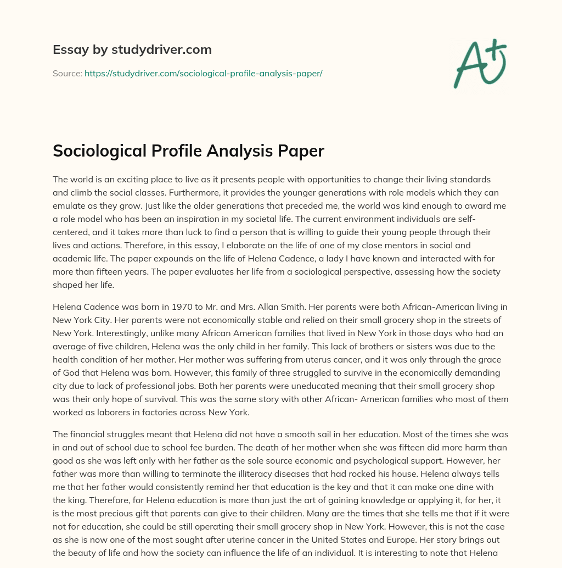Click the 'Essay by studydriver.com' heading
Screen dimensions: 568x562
point(132,49)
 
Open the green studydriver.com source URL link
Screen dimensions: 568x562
point(203,73)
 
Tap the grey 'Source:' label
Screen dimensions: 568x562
point(67,73)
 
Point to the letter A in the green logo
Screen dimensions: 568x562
point(470,65)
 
